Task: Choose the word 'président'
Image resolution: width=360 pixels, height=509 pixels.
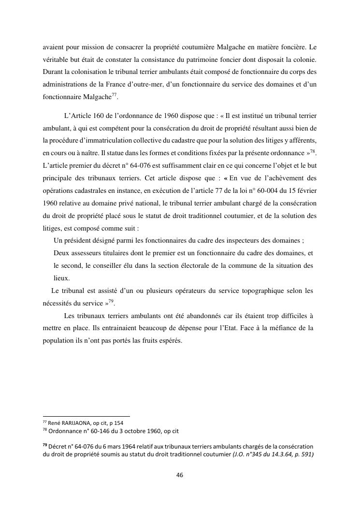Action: pos(82,241)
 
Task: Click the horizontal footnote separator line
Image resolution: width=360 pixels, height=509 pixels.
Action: pos(86,416)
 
